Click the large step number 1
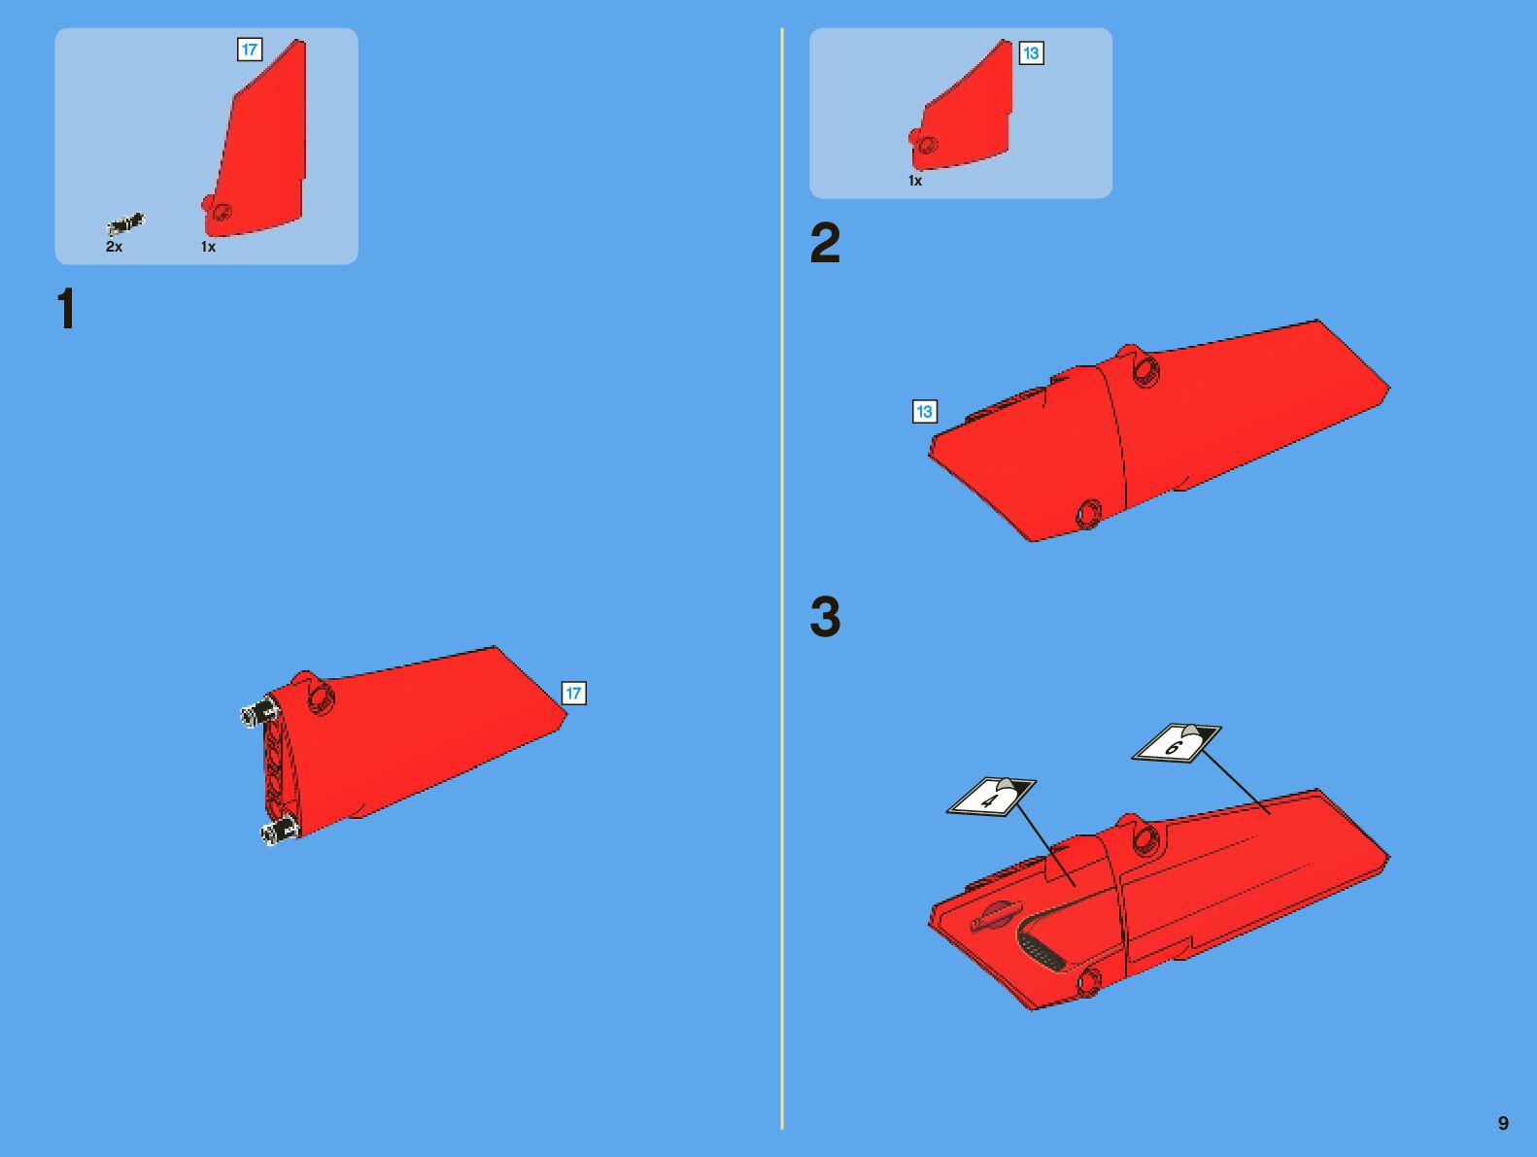click(66, 308)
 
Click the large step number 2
click(825, 242)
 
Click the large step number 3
click(825, 617)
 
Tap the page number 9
click(1503, 1123)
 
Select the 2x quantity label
click(114, 247)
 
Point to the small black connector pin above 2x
click(125, 224)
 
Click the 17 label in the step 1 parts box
click(250, 50)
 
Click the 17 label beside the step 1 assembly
click(573, 693)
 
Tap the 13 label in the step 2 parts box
click(1031, 53)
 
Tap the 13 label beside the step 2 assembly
click(924, 411)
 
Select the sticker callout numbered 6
click(1177, 743)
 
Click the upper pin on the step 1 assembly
click(259, 712)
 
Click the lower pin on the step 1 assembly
click(280, 831)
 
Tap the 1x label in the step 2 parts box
click(914, 181)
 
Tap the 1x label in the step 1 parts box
click(208, 247)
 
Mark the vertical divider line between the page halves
click(781, 578)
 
